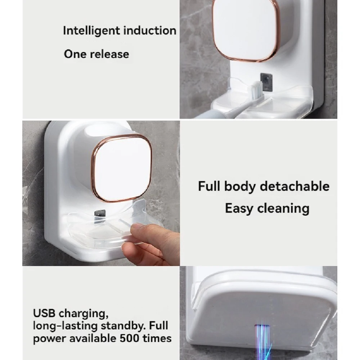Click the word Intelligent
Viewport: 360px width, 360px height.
click(91, 31)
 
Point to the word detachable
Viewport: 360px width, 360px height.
click(295, 186)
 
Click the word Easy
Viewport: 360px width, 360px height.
click(239, 209)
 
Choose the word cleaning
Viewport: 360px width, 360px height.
click(283, 209)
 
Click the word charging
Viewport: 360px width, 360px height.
click(84, 314)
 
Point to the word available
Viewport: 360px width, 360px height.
click(93, 338)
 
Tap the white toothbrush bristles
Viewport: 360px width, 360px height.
click(256, 90)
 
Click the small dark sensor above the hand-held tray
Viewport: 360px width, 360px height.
click(100, 213)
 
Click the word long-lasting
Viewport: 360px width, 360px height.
click(66, 326)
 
